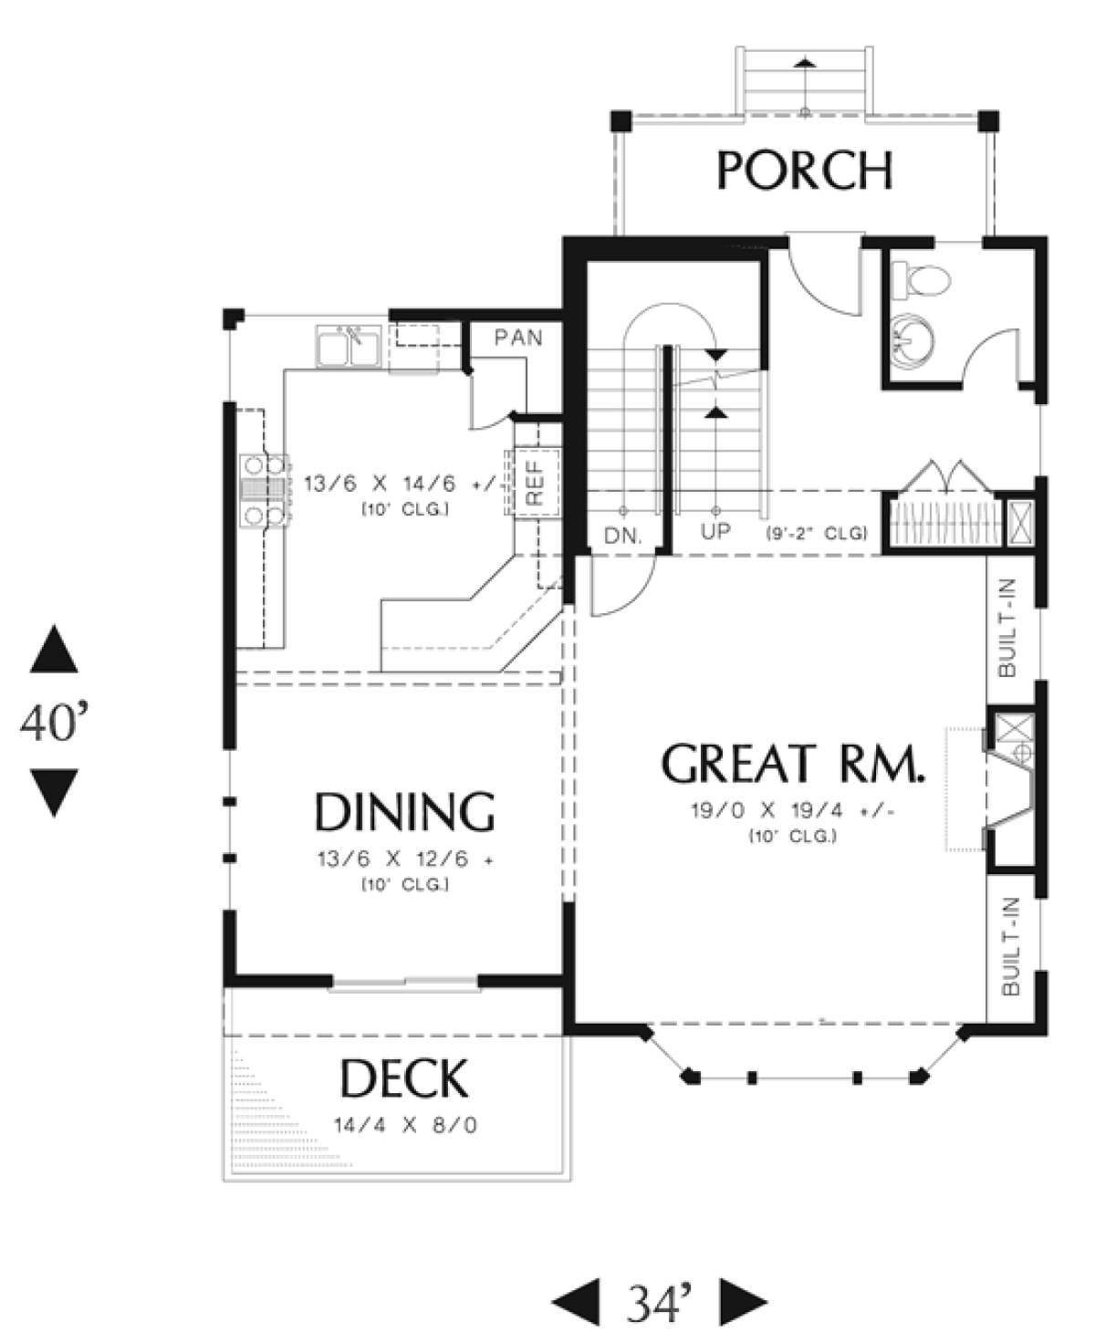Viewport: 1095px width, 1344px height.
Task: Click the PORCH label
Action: [805, 170]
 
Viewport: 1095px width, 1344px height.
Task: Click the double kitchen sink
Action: [349, 345]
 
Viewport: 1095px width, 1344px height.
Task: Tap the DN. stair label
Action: [623, 537]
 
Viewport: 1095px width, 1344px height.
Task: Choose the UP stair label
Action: [715, 531]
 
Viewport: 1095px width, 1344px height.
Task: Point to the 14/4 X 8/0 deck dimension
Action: [406, 1125]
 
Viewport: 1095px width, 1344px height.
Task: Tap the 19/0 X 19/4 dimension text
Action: [793, 811]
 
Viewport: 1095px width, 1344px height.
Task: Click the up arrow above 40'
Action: [54, 649]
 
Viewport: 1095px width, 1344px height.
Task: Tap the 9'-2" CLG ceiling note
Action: [817, 533]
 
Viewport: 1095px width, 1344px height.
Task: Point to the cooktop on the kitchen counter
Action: [265, 490]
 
